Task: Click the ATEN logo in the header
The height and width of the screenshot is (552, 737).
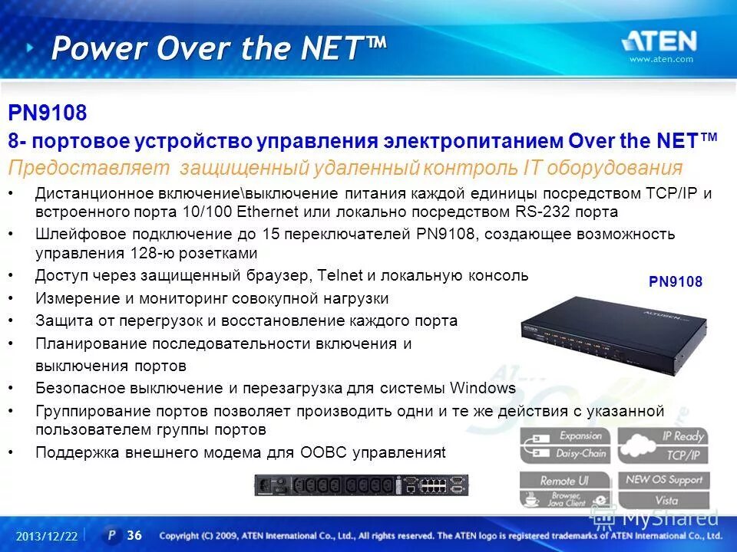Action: [659, 41]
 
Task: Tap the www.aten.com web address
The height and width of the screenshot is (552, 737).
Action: [661, 60]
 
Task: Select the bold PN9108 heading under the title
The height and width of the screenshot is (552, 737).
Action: [48, 113]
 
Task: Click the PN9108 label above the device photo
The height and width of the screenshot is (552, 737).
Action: [676, 282]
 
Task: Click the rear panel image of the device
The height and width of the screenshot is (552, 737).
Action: [362, 485]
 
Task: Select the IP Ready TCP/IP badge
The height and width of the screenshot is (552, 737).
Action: [663, 445]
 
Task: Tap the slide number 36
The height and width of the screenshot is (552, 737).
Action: [134, 535]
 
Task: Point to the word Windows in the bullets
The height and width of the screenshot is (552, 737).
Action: [482, 388]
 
